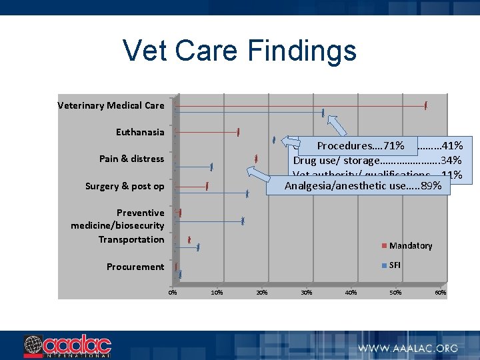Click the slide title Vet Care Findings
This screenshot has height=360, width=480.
pos(239,51)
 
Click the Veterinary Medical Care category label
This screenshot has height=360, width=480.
pos(111,105)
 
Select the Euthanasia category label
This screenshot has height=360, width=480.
pos(139,132)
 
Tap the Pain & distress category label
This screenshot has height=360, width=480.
pos(131,159)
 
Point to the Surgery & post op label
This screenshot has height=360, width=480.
pos(124,186)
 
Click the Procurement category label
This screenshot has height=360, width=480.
pos(135,267)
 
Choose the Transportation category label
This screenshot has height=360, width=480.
pos(131,239)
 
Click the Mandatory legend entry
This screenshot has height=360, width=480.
pos(410,246)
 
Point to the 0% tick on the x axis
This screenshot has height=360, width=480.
pos(172,293)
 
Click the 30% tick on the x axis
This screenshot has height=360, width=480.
pos(306,293)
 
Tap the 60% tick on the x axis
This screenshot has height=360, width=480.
pos(440,293)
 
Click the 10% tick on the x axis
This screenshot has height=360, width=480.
pos(217,293)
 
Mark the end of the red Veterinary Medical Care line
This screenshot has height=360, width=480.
pos(425,105)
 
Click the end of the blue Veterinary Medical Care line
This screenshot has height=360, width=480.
pos(323,113)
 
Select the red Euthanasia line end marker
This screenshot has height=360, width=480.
pos(238,132)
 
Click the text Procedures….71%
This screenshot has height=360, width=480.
pos(360,145)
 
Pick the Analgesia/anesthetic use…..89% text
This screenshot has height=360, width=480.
pos(363,185)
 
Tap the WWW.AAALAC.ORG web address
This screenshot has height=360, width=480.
pos(408,348)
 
